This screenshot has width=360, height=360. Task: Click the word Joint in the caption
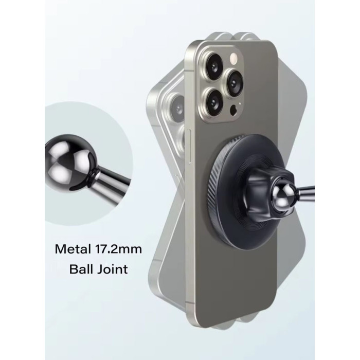click(112, 269)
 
